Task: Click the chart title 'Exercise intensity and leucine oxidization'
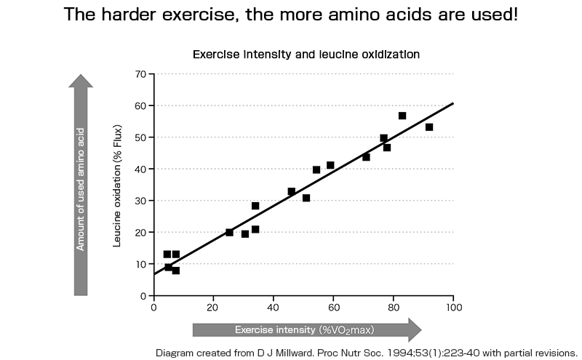pyautogui.click(x=306, y=55)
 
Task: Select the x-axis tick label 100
pyautogui.click(x=453, y=308)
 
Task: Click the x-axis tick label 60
pyautogui.click(x=333, y=308)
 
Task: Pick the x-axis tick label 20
pyautogui.click(x=213, y=308)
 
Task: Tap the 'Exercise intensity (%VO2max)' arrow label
pyautogui.click(x=304, y=330)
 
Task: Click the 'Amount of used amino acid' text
pyautogui.click(x=81, y=189)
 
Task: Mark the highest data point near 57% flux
pyautogui.click(x=402, y=116)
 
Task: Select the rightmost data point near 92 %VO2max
pyautogui.click(x=429, y=127)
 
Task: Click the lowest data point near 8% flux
pyautogui.click(x=175, y=271)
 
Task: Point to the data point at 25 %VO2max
pyautogui.click(x=229, y=232)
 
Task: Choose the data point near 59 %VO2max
pyautogui.click(x=330, y=165)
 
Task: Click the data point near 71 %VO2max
pyautogui.click(x=366, y=157)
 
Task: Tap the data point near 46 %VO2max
pyautogui.click(x=292, y=191)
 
